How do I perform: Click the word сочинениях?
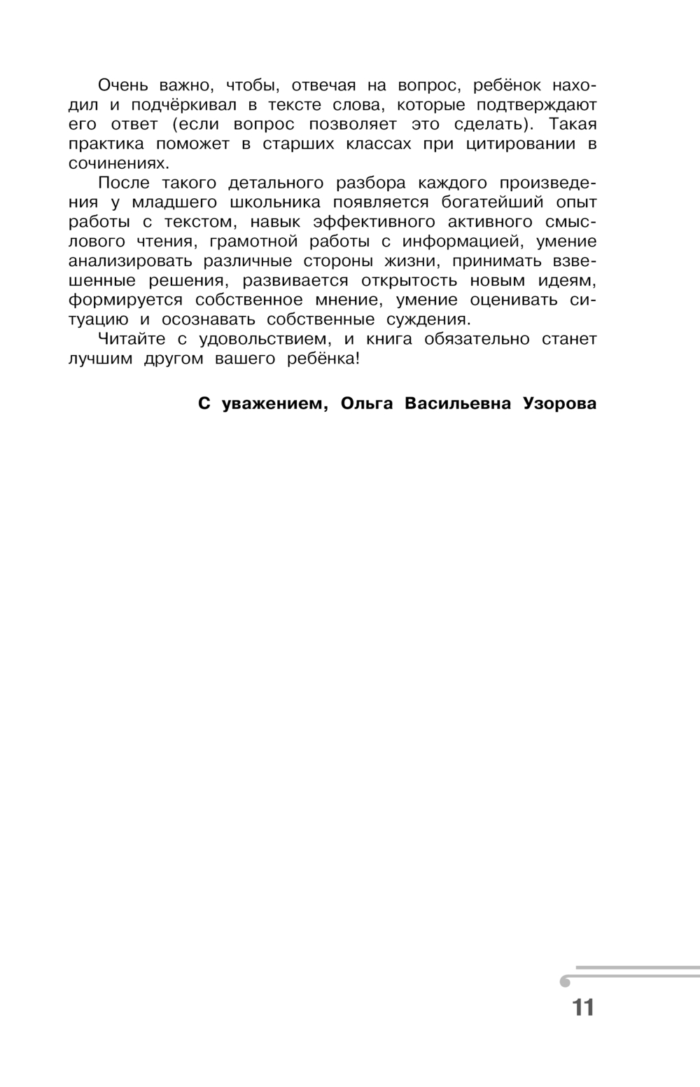(119, 163)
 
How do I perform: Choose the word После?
(123, 183)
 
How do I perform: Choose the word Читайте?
(132, 339)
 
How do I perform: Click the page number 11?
(582, 1007)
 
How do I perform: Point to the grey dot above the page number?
(565, 982)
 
